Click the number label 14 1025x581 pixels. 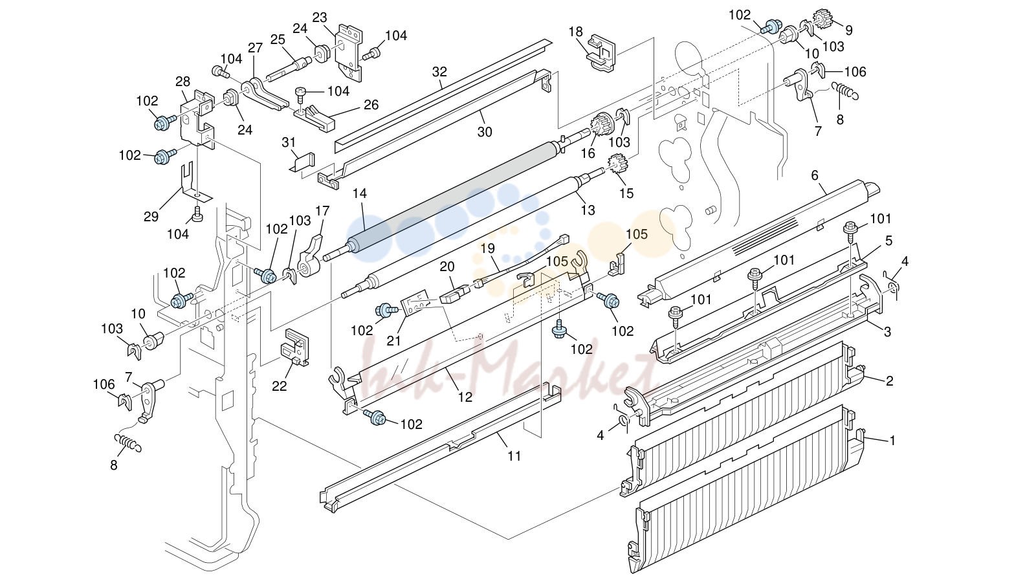coord(360,193)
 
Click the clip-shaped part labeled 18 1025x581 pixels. coord(601,53)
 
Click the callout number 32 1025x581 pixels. coord(439,72)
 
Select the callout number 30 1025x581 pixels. coord(485,132)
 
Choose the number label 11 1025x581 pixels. coord(514,456)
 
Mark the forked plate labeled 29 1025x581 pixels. coord(193,183)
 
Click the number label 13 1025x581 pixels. coord(588,210)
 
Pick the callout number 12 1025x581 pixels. coord(465,397)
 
